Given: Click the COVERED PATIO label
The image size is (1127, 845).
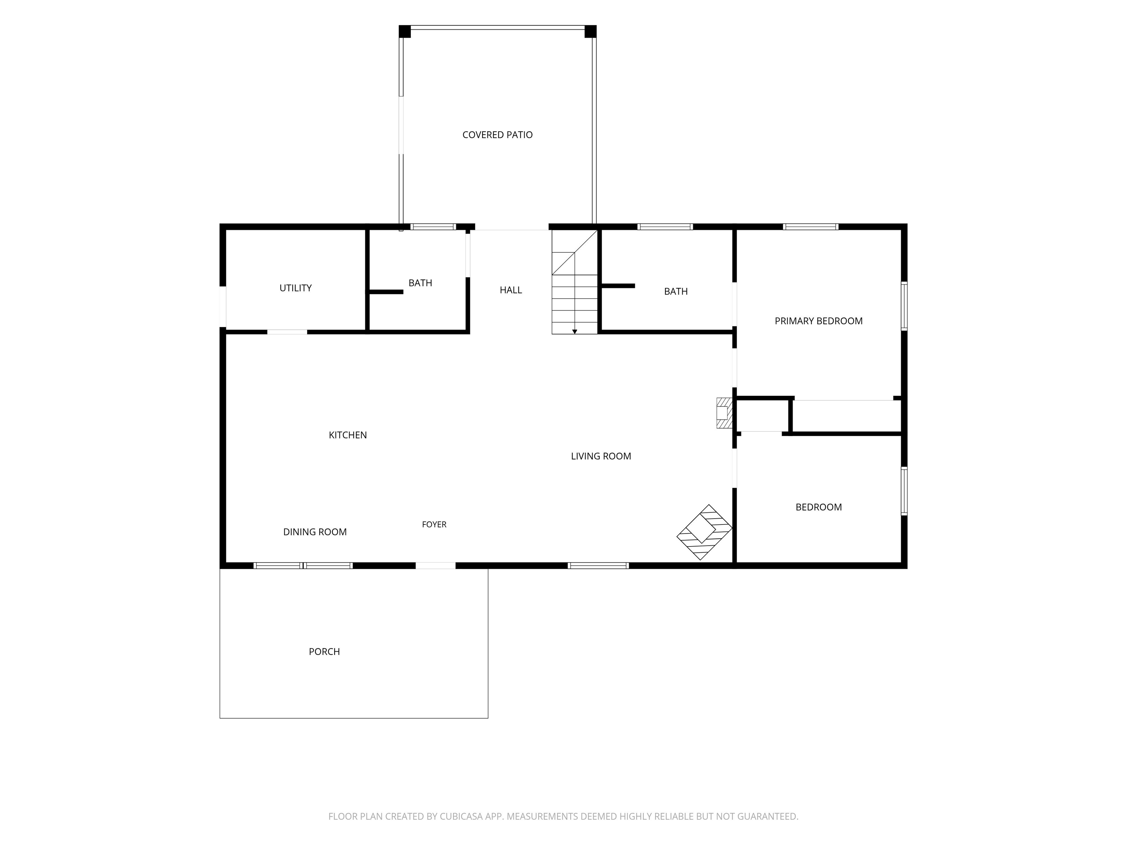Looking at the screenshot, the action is point(497,135).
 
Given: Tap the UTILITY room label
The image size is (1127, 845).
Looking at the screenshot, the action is point(295,288).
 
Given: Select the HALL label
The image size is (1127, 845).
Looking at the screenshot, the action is point(511,290).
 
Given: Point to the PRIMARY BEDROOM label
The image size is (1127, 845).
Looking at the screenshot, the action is point(818,321).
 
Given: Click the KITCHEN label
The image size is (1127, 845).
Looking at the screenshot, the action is point(347,435).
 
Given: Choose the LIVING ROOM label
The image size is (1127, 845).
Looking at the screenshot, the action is point(601,456).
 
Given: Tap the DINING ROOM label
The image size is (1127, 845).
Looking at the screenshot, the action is point(315,532).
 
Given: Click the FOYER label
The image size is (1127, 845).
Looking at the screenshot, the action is point(434,524).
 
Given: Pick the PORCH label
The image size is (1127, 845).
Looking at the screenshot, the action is point(324,651).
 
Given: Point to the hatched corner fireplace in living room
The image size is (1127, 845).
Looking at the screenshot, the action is point(704,532).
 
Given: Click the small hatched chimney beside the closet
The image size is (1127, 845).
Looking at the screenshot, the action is point(724,413).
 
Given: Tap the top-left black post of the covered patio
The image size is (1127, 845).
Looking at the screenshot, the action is point(405,31).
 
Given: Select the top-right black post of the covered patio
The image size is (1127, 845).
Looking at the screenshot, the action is point(591,31).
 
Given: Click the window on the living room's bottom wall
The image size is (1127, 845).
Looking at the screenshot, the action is point(598,566).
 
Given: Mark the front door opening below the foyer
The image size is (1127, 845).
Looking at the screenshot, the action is point(435,566).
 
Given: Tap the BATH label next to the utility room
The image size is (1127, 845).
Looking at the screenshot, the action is point(420,283).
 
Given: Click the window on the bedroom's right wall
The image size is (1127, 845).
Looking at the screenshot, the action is point(904,491).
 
